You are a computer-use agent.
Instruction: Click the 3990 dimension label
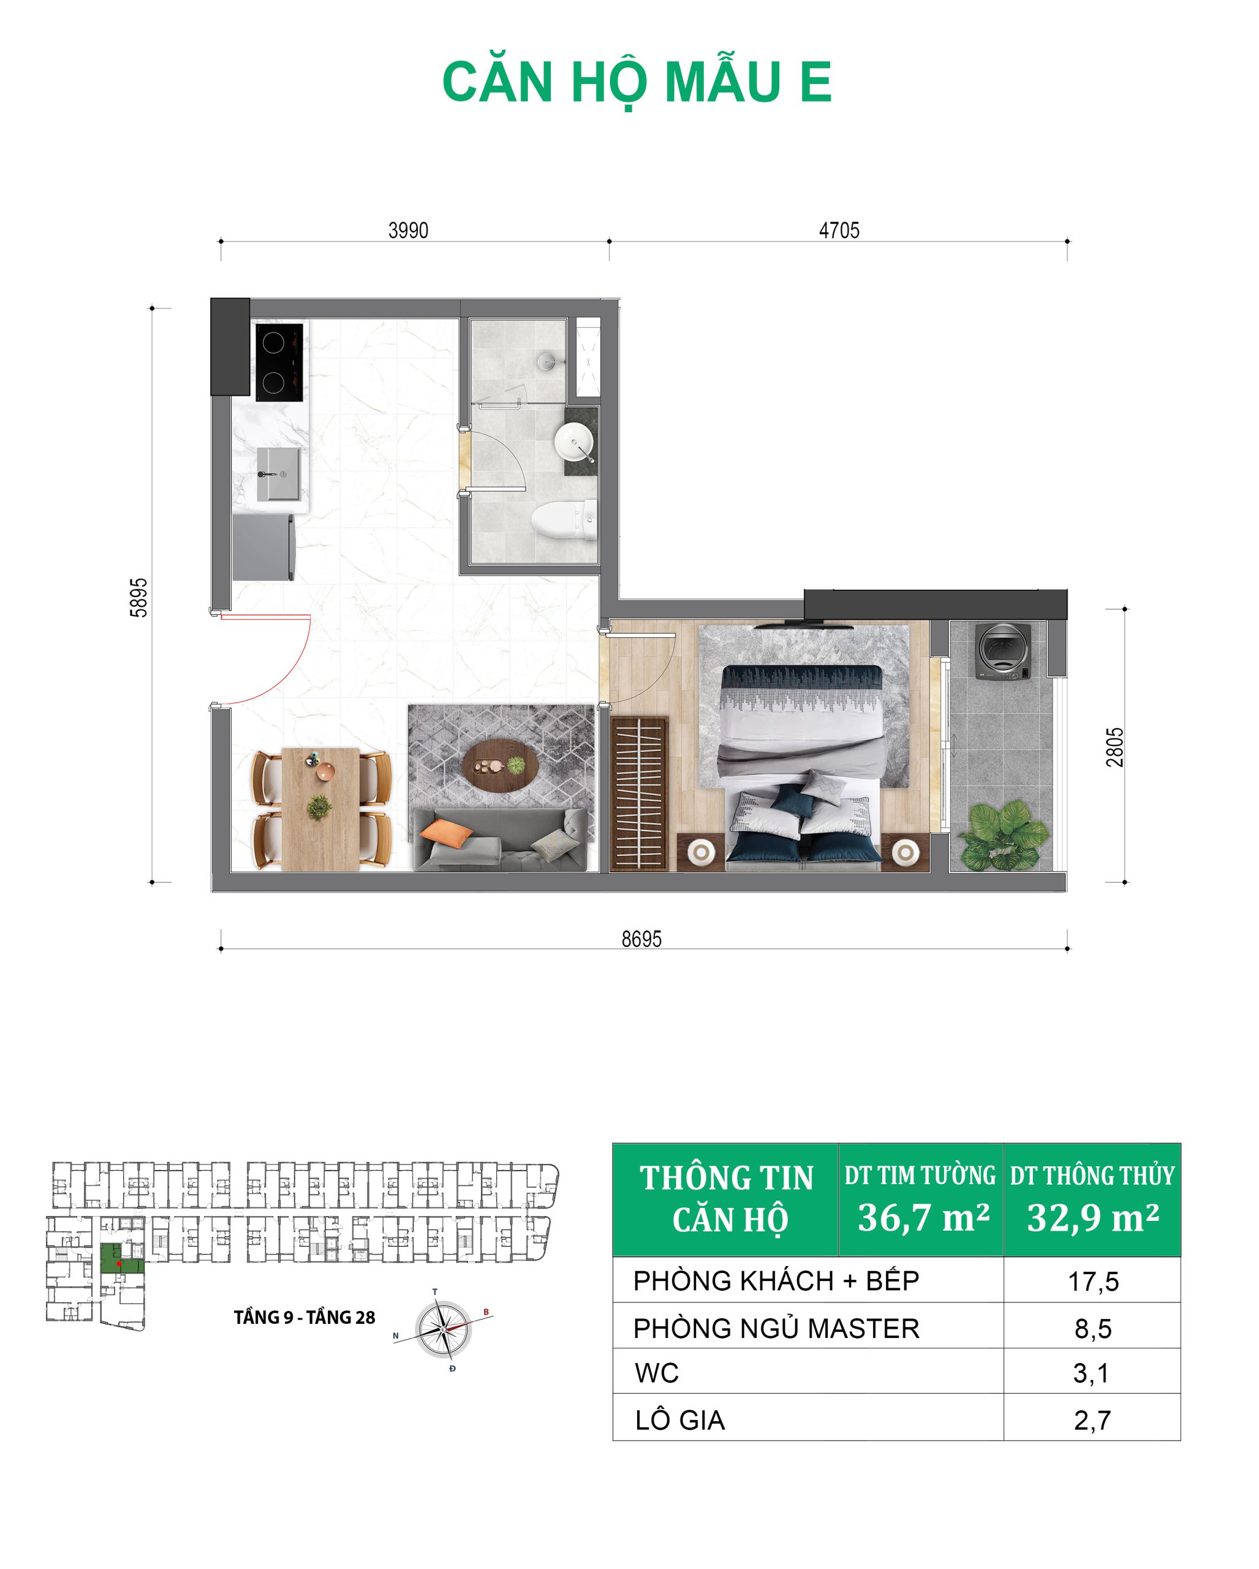tap(408, 230)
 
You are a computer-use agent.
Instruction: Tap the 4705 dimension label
tap(839, 230)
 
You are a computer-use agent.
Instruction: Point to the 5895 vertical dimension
tap(139, 598)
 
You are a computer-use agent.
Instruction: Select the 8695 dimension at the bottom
tap(641, 939)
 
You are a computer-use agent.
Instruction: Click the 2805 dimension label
tap(1114, 747)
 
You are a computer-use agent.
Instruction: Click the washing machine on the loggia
tap(1003, 651)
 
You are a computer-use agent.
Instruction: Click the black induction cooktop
tap(279, 362)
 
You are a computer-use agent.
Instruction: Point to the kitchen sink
tap(278, 474)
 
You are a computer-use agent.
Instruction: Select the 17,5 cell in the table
tap(1092, 1282)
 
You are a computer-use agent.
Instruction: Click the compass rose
tap(443, 1329)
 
